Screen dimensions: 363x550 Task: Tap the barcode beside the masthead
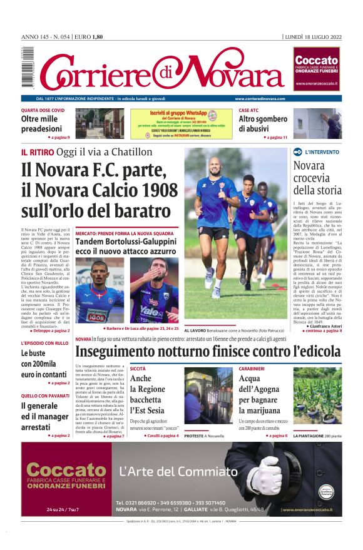[x=27, y=68]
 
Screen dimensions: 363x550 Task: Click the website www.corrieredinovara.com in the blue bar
[x=260, y=99]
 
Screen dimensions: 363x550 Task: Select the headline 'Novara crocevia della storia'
[x=317, y=178]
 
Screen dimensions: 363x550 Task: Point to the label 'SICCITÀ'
[x=138, y=369]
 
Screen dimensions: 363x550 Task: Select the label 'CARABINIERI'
[x=252, y=369]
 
